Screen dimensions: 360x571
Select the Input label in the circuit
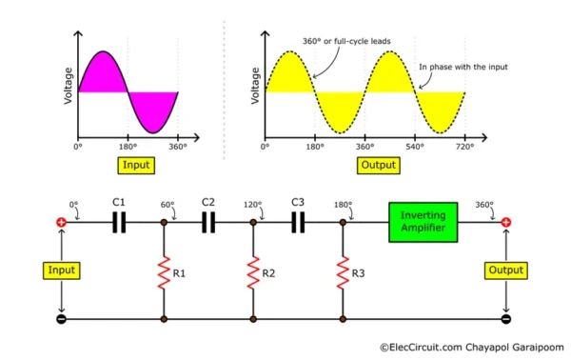pyautogui.click(x=62, y=270)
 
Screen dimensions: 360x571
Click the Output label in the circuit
pyautogui.click(x=505, y=270)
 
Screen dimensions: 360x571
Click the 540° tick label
pyautogui.click(x=414, y=149)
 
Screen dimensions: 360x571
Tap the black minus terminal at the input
pyautogui.click(x=62, y=319)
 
